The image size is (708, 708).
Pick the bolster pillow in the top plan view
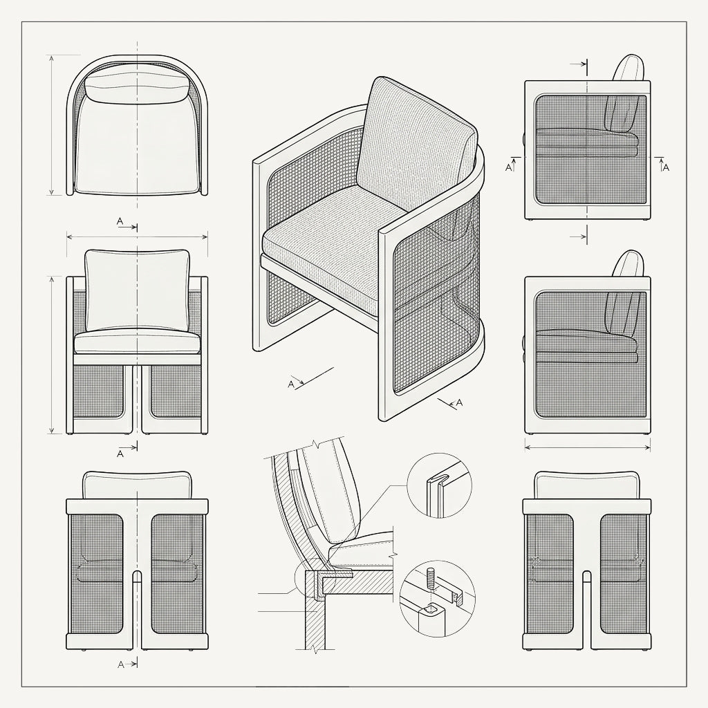(x=138, y=86)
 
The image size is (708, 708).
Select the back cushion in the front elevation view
(x=138, y=290)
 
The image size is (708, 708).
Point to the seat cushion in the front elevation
(x=138, y=342)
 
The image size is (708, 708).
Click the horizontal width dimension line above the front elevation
(x=138, y=236)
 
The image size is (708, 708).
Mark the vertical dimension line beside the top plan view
(x=52, y=125)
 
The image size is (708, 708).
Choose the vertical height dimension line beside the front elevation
(x=53, y=355)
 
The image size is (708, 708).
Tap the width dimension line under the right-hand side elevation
(x=588, y=447)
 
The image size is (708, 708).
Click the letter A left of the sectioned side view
(x=508, y=167)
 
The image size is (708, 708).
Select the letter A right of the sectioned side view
(x=666, y=167)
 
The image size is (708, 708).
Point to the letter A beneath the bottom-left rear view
(x=120, y=664)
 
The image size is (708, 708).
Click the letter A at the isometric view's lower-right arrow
(x=460, y=402)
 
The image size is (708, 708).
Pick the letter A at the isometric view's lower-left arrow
(x=291, y=384)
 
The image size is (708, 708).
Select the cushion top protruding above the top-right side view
(x=628, y=68)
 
